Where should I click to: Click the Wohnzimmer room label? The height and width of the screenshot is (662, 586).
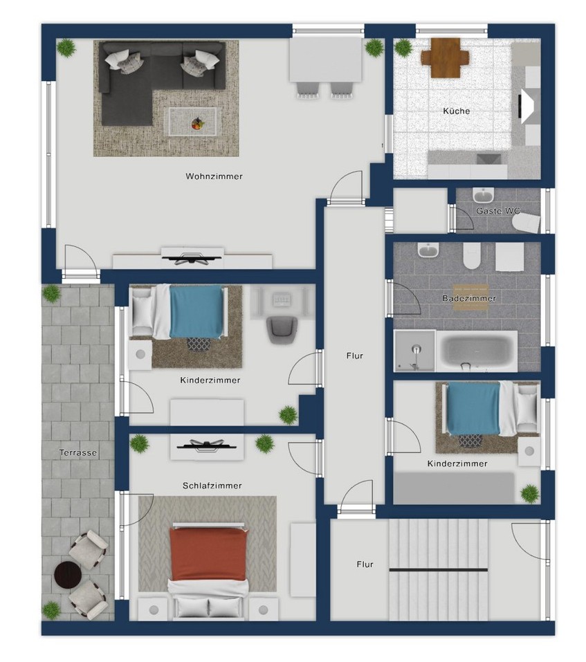[x=214, y=176]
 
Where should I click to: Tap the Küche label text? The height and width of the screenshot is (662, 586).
[x=457, y=111]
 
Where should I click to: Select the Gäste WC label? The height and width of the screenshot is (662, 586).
[x=498, y=211]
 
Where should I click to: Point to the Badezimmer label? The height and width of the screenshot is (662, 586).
[x=469, y=298]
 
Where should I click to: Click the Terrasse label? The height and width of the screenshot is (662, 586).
[x=78, y=452]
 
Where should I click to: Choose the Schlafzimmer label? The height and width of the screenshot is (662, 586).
[x=212, y=486]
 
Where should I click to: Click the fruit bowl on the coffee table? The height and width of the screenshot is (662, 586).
[x=197, y=124]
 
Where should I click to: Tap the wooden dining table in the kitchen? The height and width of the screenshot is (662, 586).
[x=445, y=58]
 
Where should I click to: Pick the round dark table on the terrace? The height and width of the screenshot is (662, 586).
[x=68, y=575]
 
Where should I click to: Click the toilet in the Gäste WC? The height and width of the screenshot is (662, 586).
[x=527, y=222]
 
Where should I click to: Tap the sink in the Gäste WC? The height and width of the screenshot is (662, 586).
[x=483, y=196]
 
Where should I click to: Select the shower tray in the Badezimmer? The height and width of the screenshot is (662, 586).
[x=414, y=351]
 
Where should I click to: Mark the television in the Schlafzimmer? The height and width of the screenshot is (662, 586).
[x=206, y=445]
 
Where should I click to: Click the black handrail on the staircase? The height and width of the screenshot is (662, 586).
[x=438, y=569]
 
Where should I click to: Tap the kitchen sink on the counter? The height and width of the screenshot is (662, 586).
[x=489, y=159]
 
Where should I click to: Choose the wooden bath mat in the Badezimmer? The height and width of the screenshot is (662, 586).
[x=470, y=297]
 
